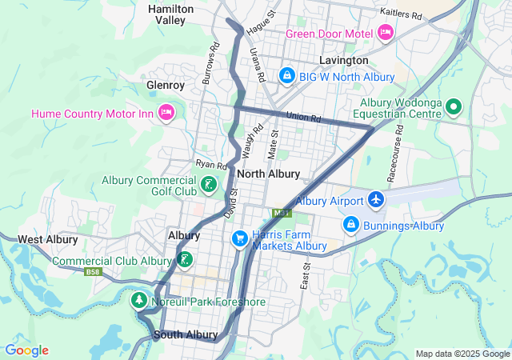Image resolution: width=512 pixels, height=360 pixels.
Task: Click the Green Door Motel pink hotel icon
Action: (386, 33)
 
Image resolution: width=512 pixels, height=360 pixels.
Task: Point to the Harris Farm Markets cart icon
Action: (239, 239)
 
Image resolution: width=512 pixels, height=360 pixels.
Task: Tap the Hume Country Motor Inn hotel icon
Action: (167, 111)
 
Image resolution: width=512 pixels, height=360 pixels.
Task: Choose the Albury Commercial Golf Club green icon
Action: (208, 186)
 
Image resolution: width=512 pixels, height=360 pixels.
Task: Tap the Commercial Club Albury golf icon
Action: (185, 258)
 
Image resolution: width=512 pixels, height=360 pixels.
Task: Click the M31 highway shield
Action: (281, 214)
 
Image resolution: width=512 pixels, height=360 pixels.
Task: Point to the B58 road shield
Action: (94, 272)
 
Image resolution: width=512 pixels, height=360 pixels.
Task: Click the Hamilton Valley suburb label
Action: (170, 14)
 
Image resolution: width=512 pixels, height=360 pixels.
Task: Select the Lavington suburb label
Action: (343, 60)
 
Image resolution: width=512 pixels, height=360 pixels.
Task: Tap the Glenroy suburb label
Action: (166, 85)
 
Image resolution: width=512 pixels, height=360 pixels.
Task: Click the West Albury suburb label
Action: (47, 239)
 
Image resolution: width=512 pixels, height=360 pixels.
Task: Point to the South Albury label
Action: (186, 334)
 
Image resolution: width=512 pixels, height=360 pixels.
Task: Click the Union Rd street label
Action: (303, 118)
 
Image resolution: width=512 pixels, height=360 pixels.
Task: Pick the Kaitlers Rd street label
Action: (402, 15)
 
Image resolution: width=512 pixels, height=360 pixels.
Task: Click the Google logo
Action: (26, 350)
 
